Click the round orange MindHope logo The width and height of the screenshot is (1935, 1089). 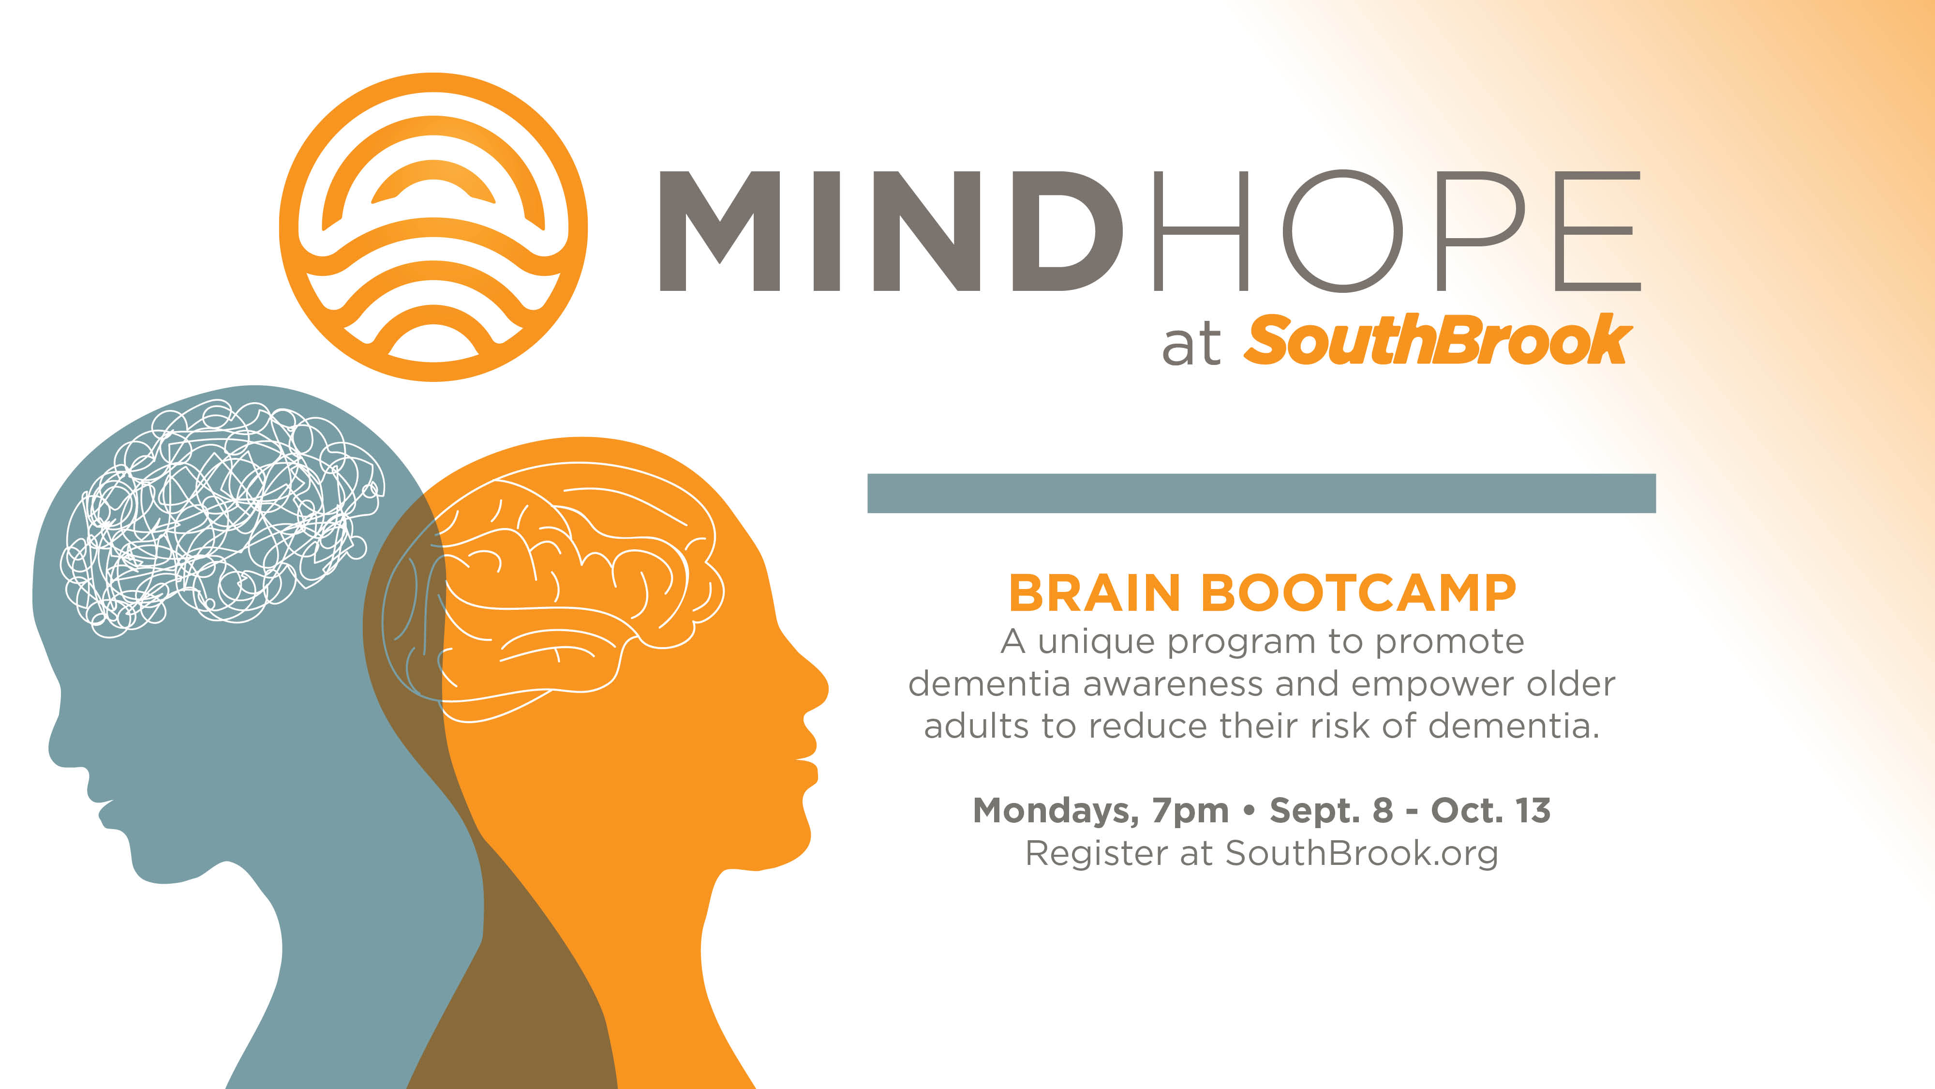pyautogui.click(x=433, y=227)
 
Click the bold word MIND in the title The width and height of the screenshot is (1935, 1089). pyautogui.click(x=892, y=231)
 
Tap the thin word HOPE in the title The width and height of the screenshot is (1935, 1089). pyautogui.click(x=1397, y=231)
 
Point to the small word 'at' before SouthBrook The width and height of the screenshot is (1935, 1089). pyautogui.click(x=1191, y=347)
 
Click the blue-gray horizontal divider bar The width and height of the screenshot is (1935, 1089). pyautogui.click(x=1261, y=493)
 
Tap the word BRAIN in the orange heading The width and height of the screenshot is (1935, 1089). pyautogui.click(x=1094, y=594)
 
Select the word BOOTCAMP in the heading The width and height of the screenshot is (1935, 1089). pyautogui.click(x=1359, y=594)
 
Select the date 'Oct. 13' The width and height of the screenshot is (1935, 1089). pyautogui.click(x=1491, y=810)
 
